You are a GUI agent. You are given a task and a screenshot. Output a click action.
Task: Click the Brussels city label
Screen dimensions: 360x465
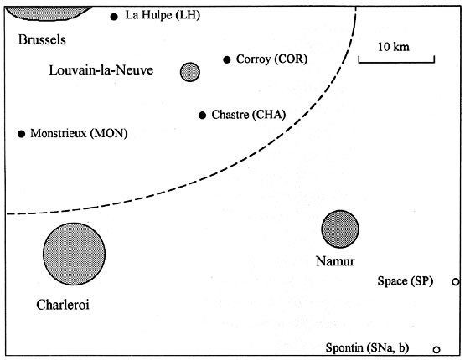click(43, 39)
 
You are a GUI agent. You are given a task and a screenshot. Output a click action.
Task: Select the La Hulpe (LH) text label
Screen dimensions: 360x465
click(163, 16)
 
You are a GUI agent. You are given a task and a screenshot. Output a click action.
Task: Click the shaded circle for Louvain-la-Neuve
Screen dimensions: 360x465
click(190, 72)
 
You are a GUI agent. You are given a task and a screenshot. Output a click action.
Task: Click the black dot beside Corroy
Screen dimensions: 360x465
click(226, 59)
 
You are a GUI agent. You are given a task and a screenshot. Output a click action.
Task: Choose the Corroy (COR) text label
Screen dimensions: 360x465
click(271, 59)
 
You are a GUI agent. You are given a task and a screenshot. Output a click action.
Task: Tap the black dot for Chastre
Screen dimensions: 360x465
click(202, 116)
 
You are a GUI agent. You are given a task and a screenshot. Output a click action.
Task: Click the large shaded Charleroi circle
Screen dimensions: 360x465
click(75, 254)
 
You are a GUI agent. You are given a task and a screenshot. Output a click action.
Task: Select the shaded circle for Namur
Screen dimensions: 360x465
click(340, 229)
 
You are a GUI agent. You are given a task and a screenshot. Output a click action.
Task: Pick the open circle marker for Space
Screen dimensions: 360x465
click(455, 282)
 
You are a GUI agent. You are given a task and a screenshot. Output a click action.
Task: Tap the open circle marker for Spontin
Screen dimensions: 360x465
click(437, 349)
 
